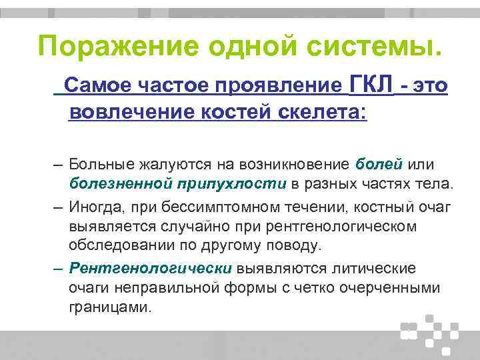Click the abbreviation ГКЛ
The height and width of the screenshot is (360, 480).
371,85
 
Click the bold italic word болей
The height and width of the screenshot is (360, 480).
379,165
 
